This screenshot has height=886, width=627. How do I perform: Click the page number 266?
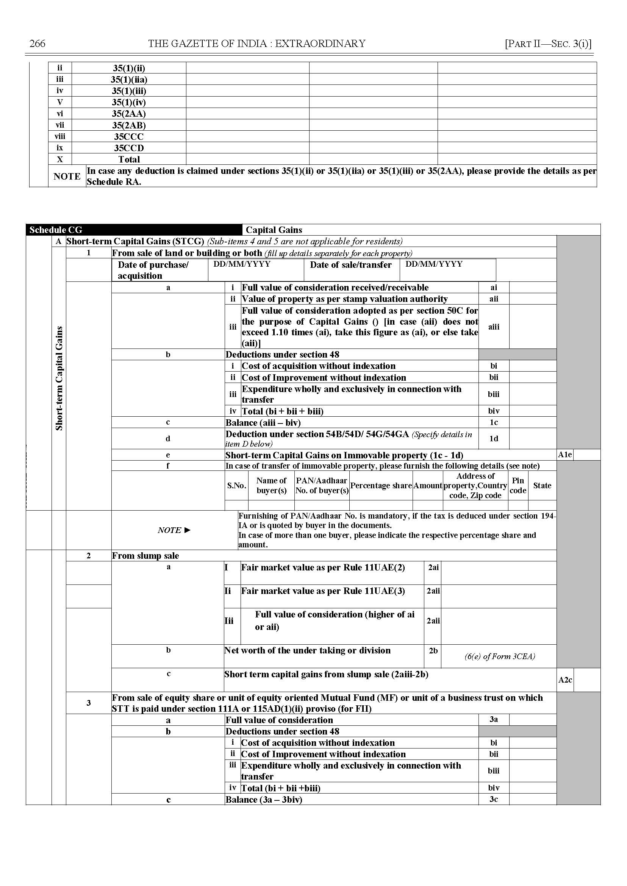coord(38,44)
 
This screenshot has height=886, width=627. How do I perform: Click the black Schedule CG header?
coord(56,230)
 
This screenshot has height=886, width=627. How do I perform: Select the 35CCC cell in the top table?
coord(128,137)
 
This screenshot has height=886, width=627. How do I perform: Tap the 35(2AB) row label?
coord(128,125)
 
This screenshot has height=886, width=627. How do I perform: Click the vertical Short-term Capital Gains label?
coord(59,378)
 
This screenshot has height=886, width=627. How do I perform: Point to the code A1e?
coord(565,455)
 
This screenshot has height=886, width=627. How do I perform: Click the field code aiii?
coord(494,327)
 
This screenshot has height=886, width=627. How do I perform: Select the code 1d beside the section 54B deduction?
coord(494,439)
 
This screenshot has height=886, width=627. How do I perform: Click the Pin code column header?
coord(518,485)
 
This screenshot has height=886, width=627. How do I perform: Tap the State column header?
coord(542,486)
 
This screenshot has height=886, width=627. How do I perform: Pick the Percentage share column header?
coord(381,486)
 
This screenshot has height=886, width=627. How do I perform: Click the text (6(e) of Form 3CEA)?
coord(500,656)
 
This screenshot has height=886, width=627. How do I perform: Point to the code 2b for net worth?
coord(433,650)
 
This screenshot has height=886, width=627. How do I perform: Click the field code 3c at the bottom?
coord(494,799)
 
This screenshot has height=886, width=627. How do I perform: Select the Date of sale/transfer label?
coord(350,265)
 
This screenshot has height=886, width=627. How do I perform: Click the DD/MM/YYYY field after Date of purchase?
coord(242,264)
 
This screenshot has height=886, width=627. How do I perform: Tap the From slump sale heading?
coord(145,556)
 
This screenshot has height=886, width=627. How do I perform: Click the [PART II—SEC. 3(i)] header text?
coord(548,44)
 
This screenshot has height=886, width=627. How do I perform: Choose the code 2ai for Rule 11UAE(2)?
coord(433,567)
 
